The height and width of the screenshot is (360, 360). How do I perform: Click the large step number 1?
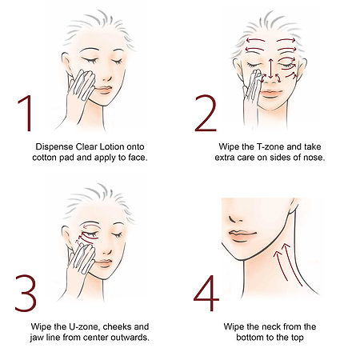[x=26, y=113]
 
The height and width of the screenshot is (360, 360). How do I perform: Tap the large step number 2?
[x=206, y=113]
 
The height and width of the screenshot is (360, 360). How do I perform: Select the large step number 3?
[x=26, y=293]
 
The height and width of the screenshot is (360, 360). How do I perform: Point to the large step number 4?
[x=206, y=293]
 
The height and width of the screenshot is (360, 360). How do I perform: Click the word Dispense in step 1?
[x=54, y=147]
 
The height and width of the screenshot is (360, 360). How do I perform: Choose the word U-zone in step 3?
[x=81, y=326]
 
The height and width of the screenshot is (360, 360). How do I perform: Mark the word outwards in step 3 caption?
[x=130, y=338]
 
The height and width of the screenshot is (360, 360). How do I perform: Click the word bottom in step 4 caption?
[x=250, y=338]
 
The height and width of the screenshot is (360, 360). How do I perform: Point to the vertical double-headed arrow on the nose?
[x=270, y=68]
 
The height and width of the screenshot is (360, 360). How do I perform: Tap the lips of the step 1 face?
[x=103, y=90]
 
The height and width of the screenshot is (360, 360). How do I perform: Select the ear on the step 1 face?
[x=66, y=63]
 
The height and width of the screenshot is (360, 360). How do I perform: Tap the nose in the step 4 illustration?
[x=234, y=218]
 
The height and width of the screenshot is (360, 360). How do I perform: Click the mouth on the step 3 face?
[x=103, y=263]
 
